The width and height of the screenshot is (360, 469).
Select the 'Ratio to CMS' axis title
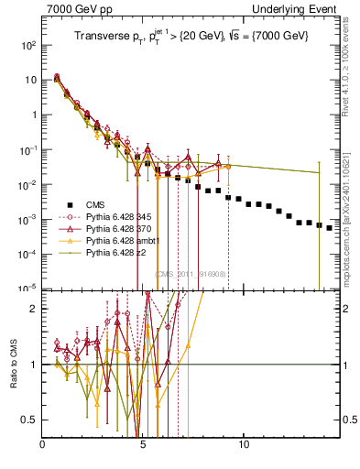(x=16, y=364)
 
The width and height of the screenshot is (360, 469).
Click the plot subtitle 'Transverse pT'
(x=191, y=36)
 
